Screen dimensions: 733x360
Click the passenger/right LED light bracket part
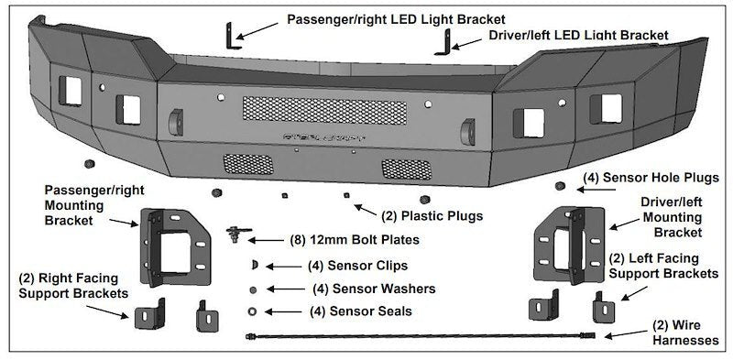[231, 37]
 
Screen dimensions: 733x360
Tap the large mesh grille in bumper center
[324, 110]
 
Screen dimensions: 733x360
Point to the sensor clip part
[255, 266]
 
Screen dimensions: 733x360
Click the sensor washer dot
[254, 289]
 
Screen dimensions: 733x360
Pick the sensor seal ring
[253, 311]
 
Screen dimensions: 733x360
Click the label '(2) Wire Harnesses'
[685, 332]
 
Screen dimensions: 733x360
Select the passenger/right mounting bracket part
[175, 246]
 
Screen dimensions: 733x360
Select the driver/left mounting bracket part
[569, 245]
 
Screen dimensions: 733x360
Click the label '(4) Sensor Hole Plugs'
[651, 178]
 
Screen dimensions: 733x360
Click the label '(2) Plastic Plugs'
[432, 216]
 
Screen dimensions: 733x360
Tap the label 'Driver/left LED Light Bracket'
[579, 36]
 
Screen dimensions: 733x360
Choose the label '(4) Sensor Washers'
[374, 289]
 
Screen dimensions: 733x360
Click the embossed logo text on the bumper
[325, 137]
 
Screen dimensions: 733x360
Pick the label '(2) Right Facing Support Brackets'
[73, 286]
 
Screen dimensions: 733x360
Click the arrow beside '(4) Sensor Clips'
[283, 267]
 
